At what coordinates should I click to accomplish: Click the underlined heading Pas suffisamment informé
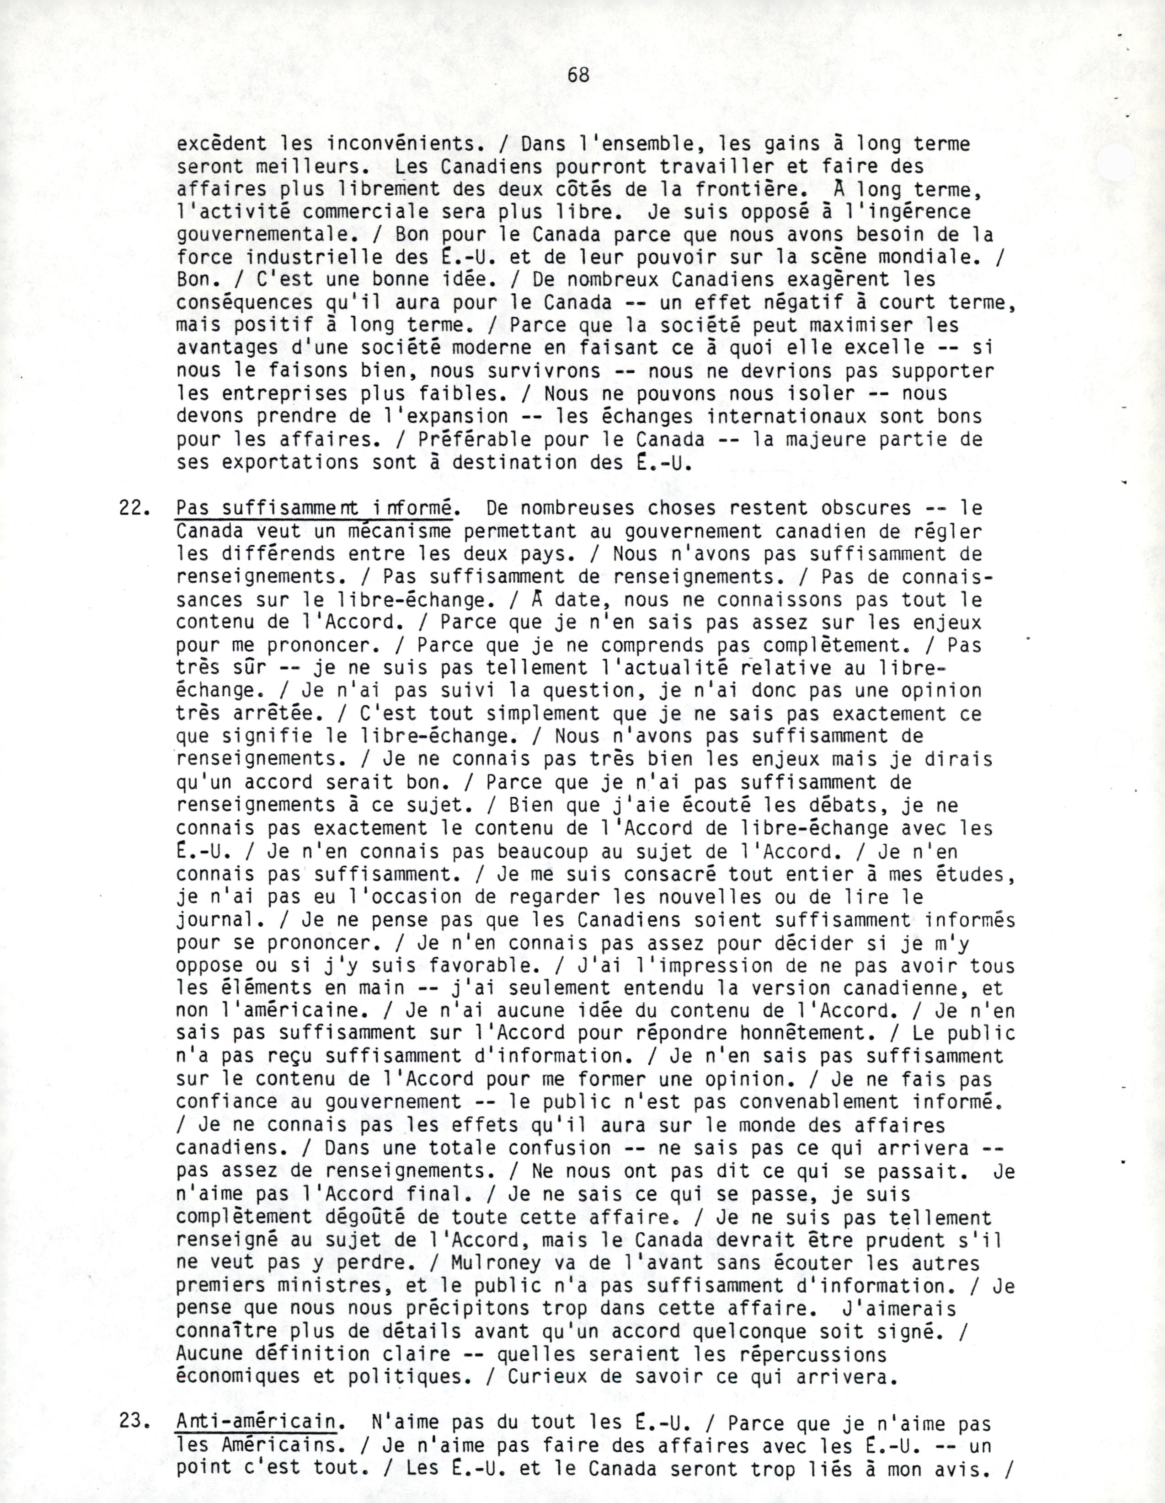tap(313, 509)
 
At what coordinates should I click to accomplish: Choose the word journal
tap(215, 920)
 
